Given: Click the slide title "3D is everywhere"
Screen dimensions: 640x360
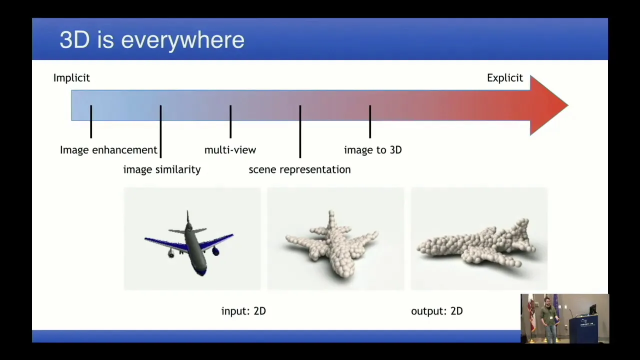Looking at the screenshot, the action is pos(152,40).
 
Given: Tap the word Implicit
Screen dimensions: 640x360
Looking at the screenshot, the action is pos(71,77).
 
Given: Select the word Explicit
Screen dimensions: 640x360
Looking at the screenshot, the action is pos(505,77).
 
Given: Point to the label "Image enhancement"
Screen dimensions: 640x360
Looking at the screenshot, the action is pos(108,150).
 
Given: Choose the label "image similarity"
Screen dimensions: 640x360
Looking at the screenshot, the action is pos(162,169).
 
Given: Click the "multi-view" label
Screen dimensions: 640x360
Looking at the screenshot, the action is pos(230,150).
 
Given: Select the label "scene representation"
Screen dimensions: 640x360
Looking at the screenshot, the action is pos(299,169).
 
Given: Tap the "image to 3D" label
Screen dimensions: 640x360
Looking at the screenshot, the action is pos(373,150).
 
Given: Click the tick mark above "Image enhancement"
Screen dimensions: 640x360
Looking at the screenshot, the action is pos(91,121).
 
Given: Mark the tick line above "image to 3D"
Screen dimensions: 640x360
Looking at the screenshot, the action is pos(370,121).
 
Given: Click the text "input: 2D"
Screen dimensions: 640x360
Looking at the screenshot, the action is pos(243,311).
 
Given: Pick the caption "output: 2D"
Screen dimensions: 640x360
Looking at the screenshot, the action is pos(437,311).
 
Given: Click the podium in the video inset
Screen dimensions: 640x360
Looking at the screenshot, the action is pos(588,329).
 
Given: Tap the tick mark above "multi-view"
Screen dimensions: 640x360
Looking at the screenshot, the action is pos(230,121).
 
